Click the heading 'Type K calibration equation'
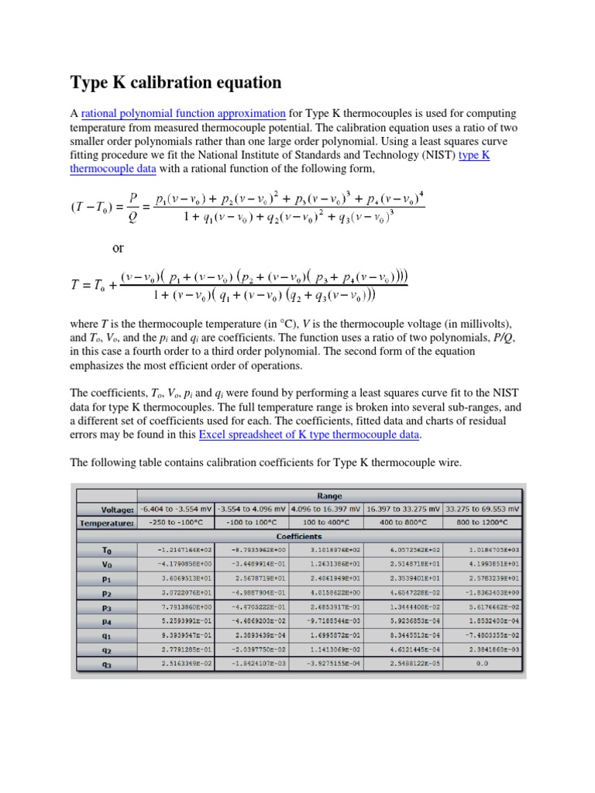click(x=177, y=82)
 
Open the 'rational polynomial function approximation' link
click(x=184, y=113)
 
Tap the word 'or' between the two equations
click(x=118, y=249)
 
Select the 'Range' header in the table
click(x=330, y=496)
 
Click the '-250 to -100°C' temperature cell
click(x=177, y=522)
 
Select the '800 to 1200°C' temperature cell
click(x=482, y=522)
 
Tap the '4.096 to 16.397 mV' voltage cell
click(x=325, y=509)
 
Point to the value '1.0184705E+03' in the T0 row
click(x=482, y=548)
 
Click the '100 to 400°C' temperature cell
click(x=325, y=522)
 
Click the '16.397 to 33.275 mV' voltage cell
click(x=403, y=509)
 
